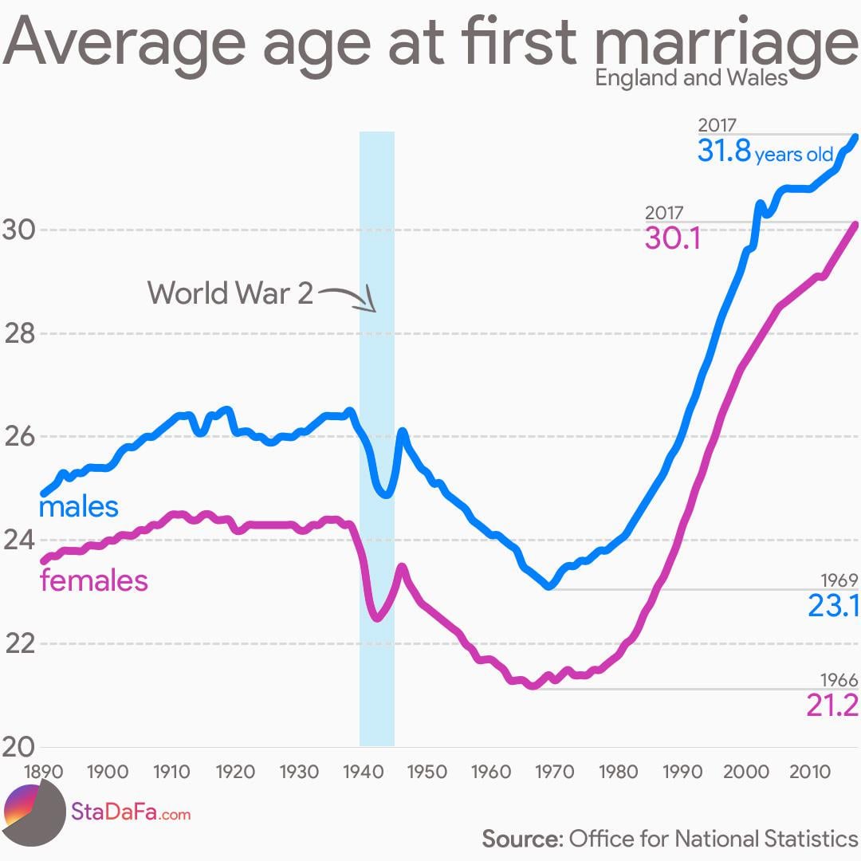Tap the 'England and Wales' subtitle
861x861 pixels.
(x=691, y=77)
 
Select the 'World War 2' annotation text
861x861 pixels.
(x=230, y=293)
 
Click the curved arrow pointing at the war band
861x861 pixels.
(x=348, y=298)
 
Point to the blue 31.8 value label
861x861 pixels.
(x=724, y=151)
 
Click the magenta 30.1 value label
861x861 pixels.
(x=672, y=238)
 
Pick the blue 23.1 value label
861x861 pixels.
(x=832, y=606)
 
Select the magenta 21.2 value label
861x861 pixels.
(x=832, y=705)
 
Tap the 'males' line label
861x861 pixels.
(x=78, y=506)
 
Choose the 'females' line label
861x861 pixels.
(x=94, y=580)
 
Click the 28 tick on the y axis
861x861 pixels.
(x=21, y=334)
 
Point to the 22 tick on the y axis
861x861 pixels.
(x=21, y=644)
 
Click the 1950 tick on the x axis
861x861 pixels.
(x=425, y=772)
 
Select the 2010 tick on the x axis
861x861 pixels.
(x=810, y=772)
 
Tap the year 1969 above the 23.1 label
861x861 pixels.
(x=839, y=580)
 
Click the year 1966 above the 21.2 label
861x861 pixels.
(x=839, y=680)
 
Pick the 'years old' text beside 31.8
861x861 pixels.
(x=793, y=155)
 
